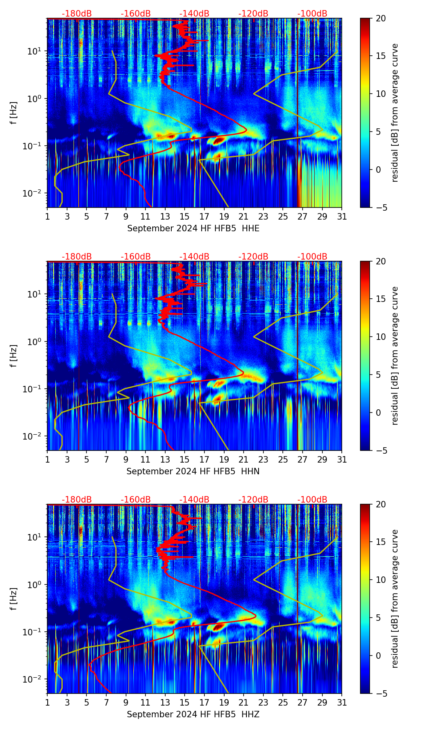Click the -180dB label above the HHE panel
tap(77, 14)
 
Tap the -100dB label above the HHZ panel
tap(312, 500)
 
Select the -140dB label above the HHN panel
tap(194, 257)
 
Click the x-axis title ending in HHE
tap(193, 228)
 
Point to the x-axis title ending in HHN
tap(193, 471)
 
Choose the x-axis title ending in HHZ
tap(193, 714)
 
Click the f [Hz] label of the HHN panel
tap(13, 356)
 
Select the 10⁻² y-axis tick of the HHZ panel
tap(34, 679)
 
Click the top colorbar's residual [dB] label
tap(395, 113)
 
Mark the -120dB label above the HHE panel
tap(253, 14)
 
